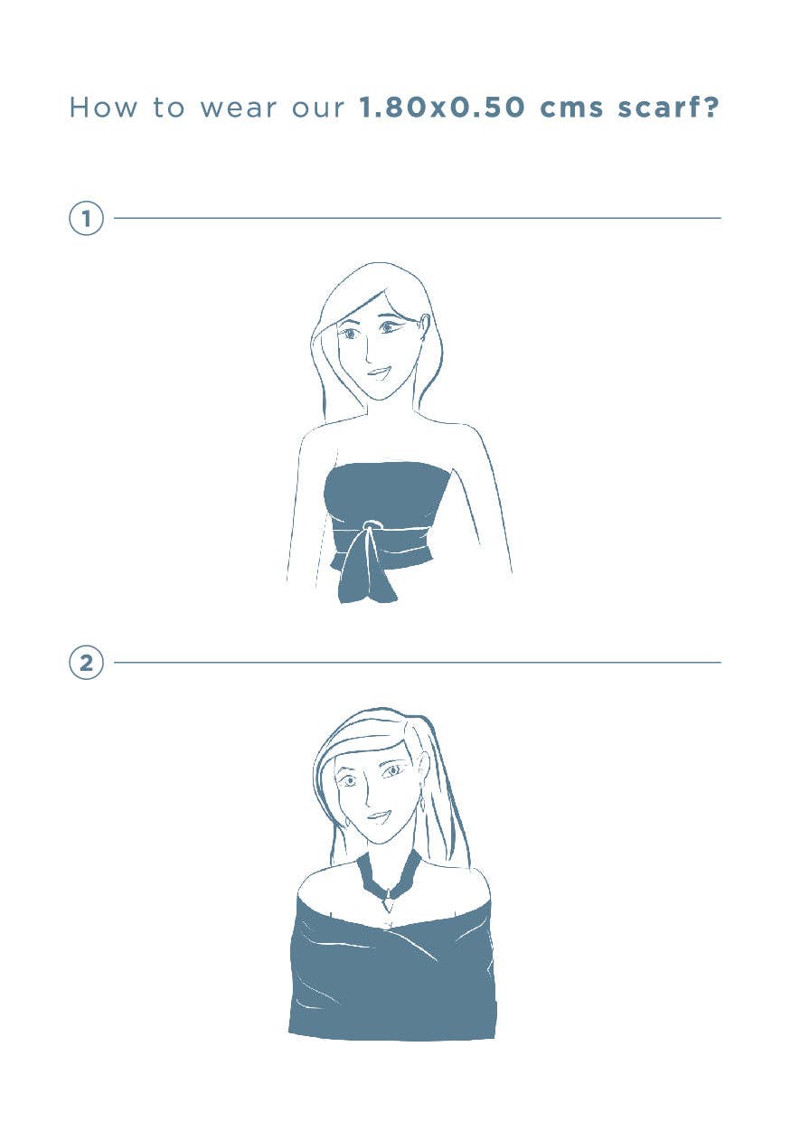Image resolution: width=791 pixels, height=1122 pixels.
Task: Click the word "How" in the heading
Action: point(103,108)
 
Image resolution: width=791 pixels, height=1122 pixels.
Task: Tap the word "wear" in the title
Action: point(238,108)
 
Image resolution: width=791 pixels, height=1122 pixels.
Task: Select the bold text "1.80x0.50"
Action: point(442,108)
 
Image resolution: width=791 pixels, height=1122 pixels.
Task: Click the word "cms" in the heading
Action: point(571,109)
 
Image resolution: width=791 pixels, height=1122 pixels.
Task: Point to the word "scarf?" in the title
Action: point(668,107)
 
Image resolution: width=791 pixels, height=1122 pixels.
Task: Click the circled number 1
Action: point(86,219)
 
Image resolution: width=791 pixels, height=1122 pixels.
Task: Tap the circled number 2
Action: point(86,663)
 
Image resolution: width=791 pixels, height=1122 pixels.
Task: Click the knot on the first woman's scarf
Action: point(369,527)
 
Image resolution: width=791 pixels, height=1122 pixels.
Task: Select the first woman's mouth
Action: point(378,373)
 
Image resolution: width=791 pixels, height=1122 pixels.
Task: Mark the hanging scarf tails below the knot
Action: point(367,569)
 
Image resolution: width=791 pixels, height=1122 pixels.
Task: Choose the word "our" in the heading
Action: point(318,109)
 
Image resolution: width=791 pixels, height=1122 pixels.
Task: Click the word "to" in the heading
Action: point(168,108)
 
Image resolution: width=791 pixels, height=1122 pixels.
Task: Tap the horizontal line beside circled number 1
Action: point(418,219)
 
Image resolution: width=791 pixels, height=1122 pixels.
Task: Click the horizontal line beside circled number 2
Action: point(418,663)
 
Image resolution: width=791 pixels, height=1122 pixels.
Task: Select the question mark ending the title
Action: point(711,107)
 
